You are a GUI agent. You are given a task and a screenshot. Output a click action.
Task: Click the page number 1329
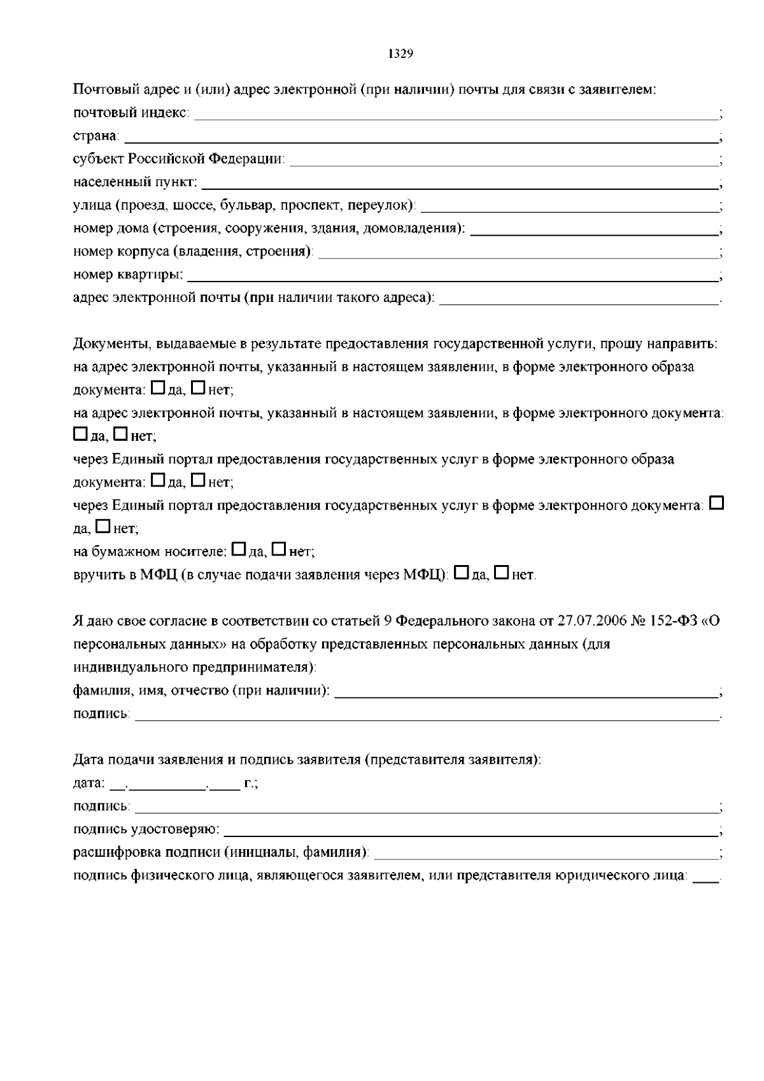400,54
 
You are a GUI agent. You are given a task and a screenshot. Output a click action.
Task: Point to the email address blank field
579,301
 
